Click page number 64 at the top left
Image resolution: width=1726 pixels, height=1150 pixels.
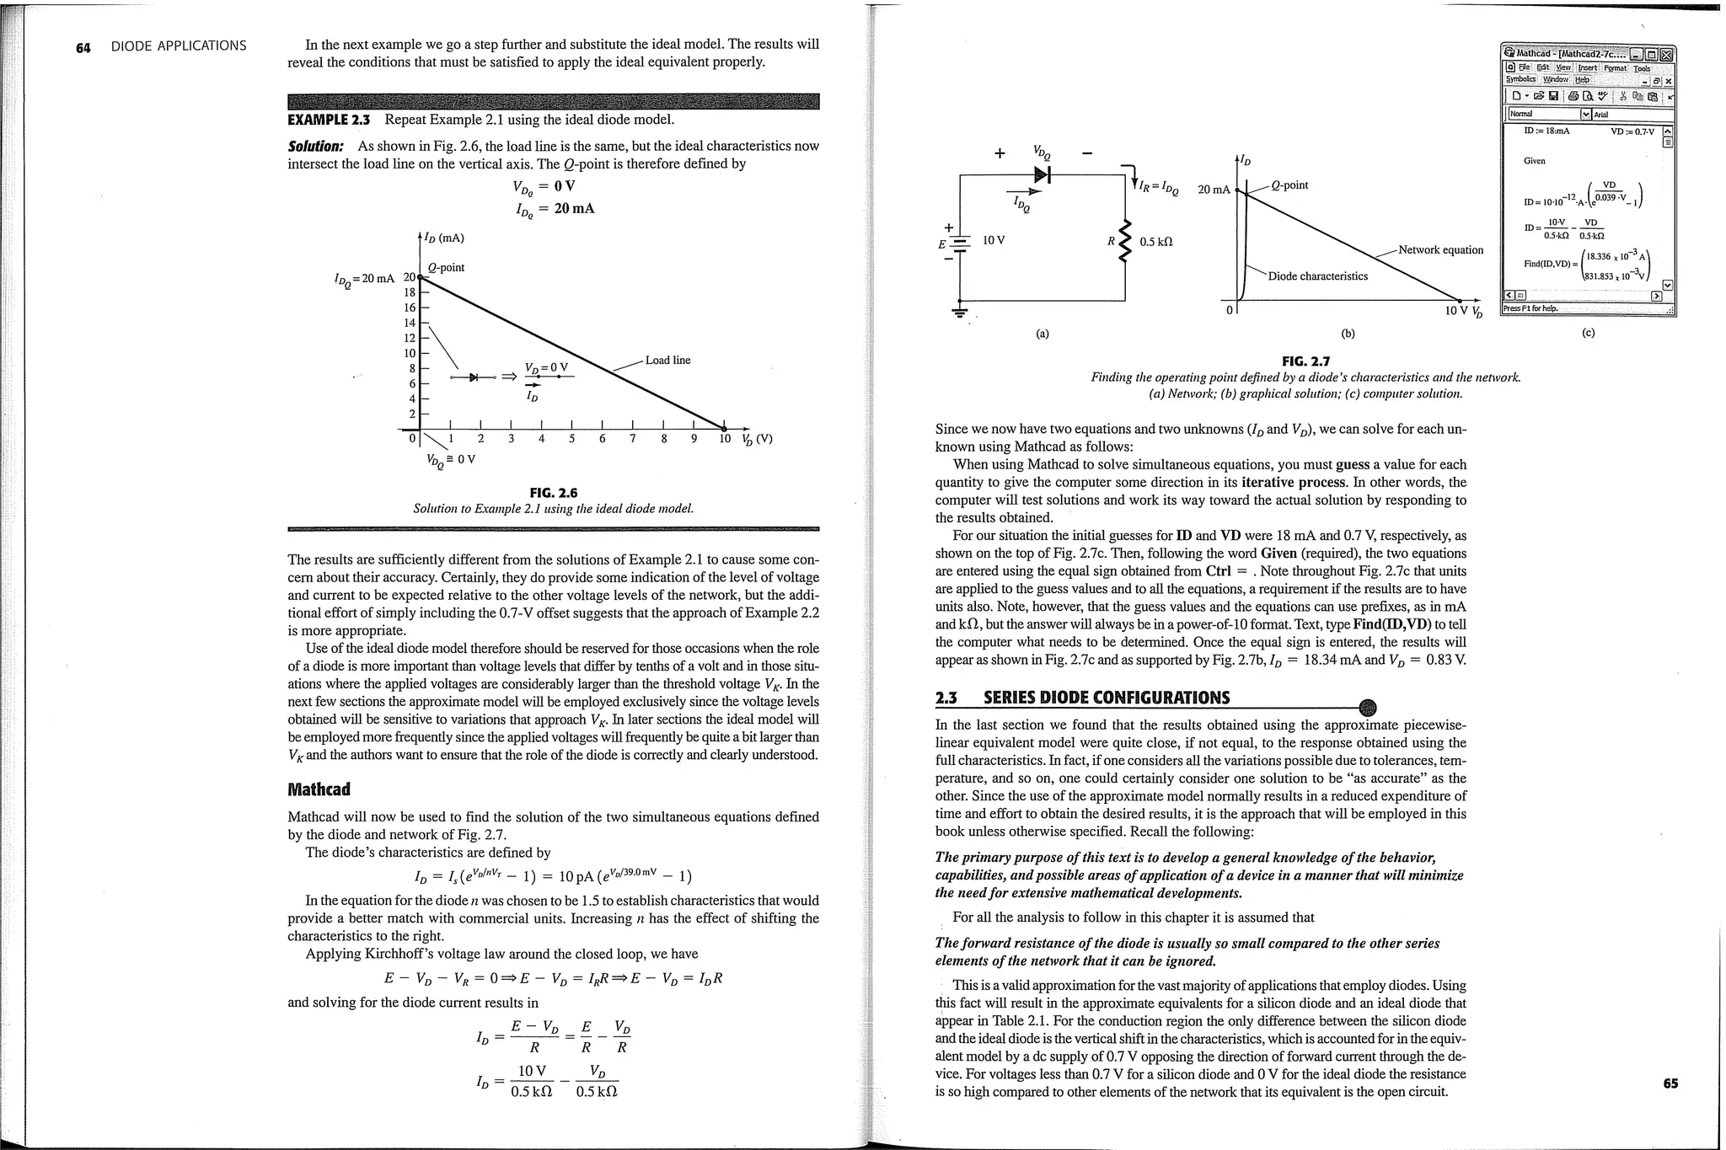pyautogui.click(x=83, y=46)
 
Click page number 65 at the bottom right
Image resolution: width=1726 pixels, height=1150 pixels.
pyautogui.click(x=1670, y=1083)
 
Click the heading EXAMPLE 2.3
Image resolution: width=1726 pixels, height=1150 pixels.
pyautogui.click(x=329, y=120)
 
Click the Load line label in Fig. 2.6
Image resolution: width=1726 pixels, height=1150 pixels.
pyautogui.click(x=667, y=361)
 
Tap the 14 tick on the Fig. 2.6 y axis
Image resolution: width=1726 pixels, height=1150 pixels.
pyautogui.click(x=410, y=323)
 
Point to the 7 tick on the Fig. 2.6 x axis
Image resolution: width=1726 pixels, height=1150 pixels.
pyautogui.click(x=632, y=438)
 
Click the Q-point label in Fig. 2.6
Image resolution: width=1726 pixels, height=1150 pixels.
pyautogui.click(x=446, y=268)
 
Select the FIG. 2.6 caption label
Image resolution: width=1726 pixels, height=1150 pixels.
pyautogui.click(x=553, y=493)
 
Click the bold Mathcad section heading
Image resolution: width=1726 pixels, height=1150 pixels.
pyautogui.click(x=319, y=789)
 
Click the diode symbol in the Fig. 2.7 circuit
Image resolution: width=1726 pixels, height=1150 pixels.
pyautogui.click(x=1043, y=174)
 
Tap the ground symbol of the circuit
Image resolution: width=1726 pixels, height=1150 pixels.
pyautogui.click(x=959, y=313)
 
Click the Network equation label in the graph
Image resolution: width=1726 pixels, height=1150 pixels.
pyautogui.click(x=1440, y=249)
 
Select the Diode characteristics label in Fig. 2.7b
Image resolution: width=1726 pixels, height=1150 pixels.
pyautogui.click(x=1317, y=276)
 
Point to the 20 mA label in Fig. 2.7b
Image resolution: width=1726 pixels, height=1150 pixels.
pyautogui.click(x=1214, y=190)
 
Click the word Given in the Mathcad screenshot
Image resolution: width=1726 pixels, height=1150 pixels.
pyautogui.click(x=1534, y=160)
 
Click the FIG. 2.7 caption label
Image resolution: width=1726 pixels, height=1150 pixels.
pyautogui.click(x=1305, y=361)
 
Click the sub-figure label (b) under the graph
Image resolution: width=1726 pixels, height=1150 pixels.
pyautogui.click(x=1348, y=333)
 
